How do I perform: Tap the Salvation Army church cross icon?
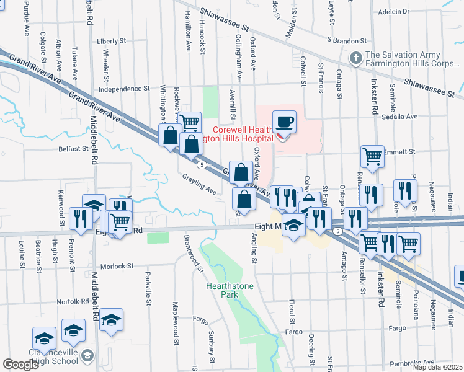(355, 58)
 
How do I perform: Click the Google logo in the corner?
(20, 365)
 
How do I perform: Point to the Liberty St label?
(112, 42)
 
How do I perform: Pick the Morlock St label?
(117, 265)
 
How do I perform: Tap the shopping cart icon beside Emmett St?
(372, 156)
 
